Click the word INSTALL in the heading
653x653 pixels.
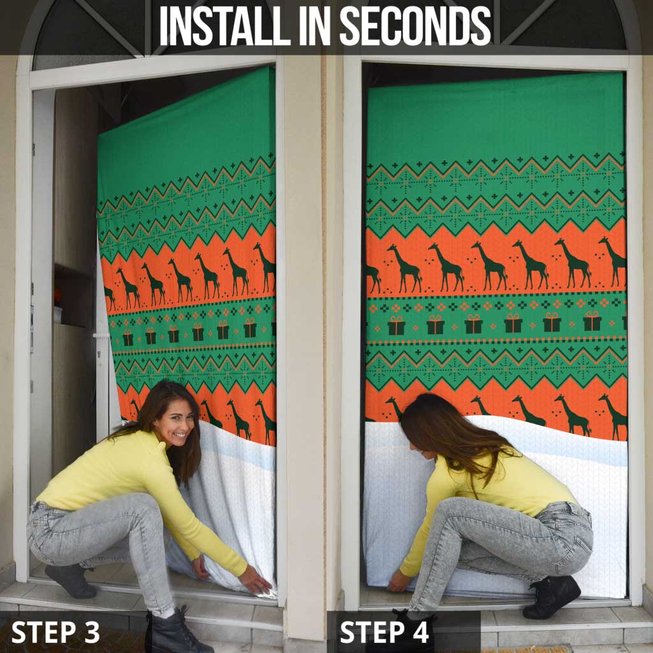225,26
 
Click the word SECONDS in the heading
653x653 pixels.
415,26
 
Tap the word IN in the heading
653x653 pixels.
314,26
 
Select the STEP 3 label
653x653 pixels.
55,632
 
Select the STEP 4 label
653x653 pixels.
384,632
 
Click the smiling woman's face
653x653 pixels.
175,424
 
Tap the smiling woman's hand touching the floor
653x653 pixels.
255,580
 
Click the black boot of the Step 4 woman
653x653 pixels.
552,596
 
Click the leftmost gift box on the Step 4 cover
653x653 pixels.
396,325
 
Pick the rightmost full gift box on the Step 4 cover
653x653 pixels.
592,321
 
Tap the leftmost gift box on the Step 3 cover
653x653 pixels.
128,337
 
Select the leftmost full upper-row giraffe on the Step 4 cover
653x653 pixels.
404,268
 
